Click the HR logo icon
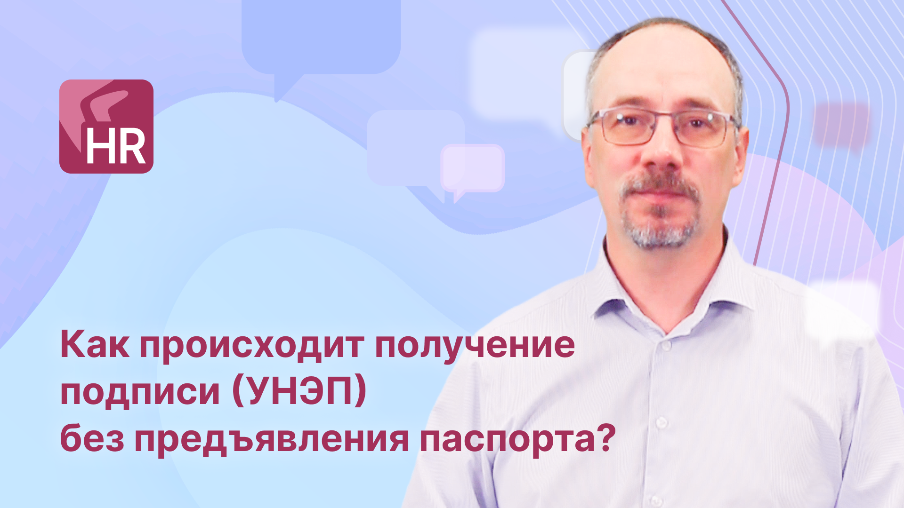[106, 127]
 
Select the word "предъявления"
[272, 440]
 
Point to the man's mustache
[659, 186]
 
